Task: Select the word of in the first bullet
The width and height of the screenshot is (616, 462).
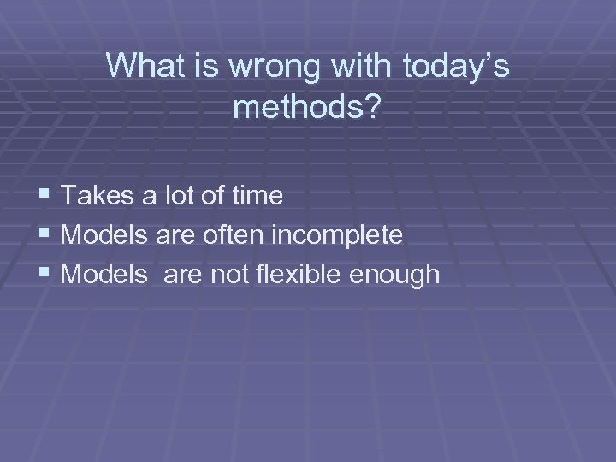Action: pyautogui.click(x=204, y=196)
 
